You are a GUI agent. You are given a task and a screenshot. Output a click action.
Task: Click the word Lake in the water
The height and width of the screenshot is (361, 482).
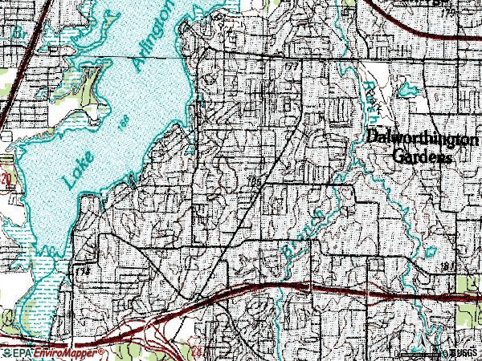[x=77, y=167]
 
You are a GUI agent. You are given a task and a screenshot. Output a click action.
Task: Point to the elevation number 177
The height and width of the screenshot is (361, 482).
[x=291, y=64]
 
